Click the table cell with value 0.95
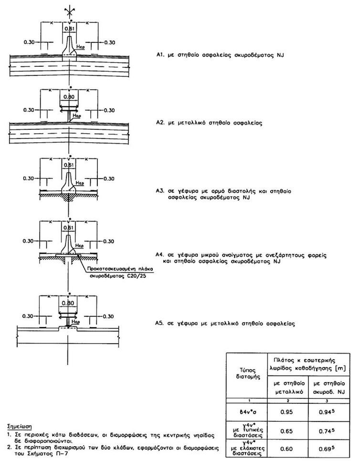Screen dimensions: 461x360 coord(286,409)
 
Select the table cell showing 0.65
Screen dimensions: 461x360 coord(286,427)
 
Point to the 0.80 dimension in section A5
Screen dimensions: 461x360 coord(70,304)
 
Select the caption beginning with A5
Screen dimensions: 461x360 coord(225,323)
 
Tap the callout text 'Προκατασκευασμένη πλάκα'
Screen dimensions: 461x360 coord(113,269)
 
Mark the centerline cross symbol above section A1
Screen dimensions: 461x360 coord(70,10)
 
